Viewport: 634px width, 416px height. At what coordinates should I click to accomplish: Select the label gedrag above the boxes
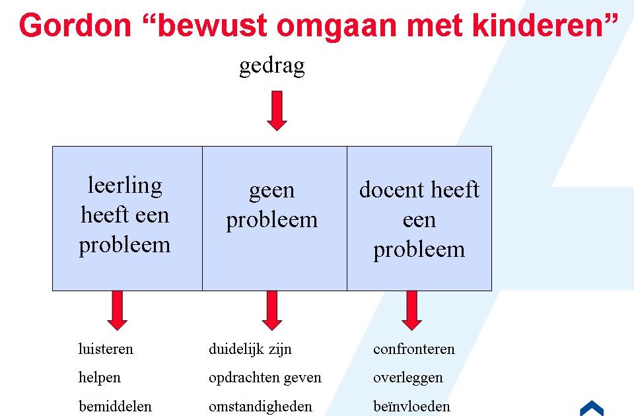pos(272,66)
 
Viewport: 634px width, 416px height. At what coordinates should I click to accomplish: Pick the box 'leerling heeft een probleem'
pos(127,218)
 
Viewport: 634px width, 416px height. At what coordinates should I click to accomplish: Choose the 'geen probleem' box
pos(274,218)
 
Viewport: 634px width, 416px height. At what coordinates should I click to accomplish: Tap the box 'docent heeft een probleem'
pos(419,218)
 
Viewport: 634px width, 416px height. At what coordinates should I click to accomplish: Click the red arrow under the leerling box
pos(117,310)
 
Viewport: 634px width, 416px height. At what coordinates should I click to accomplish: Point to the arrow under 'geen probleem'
pos(272,310)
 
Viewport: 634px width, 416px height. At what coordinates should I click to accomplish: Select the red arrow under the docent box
pos(411,310)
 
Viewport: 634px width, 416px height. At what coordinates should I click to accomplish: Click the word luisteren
pos(106,349)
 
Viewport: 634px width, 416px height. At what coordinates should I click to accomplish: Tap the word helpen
pos(100,378)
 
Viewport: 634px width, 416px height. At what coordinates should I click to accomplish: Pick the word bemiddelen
pos(115,406)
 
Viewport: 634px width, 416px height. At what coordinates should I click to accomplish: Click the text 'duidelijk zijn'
pos(250,349)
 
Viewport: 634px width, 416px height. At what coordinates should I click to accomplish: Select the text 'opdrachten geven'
pos(265,378)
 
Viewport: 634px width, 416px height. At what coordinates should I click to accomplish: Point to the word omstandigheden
pos(260,406)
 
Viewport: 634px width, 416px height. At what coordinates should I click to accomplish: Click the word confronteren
pos(414,349)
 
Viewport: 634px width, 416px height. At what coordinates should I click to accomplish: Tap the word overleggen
pos(408,378)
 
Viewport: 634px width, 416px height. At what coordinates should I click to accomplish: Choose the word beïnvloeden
pos(411,406)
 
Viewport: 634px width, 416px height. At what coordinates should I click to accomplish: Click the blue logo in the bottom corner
pos(592,408)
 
